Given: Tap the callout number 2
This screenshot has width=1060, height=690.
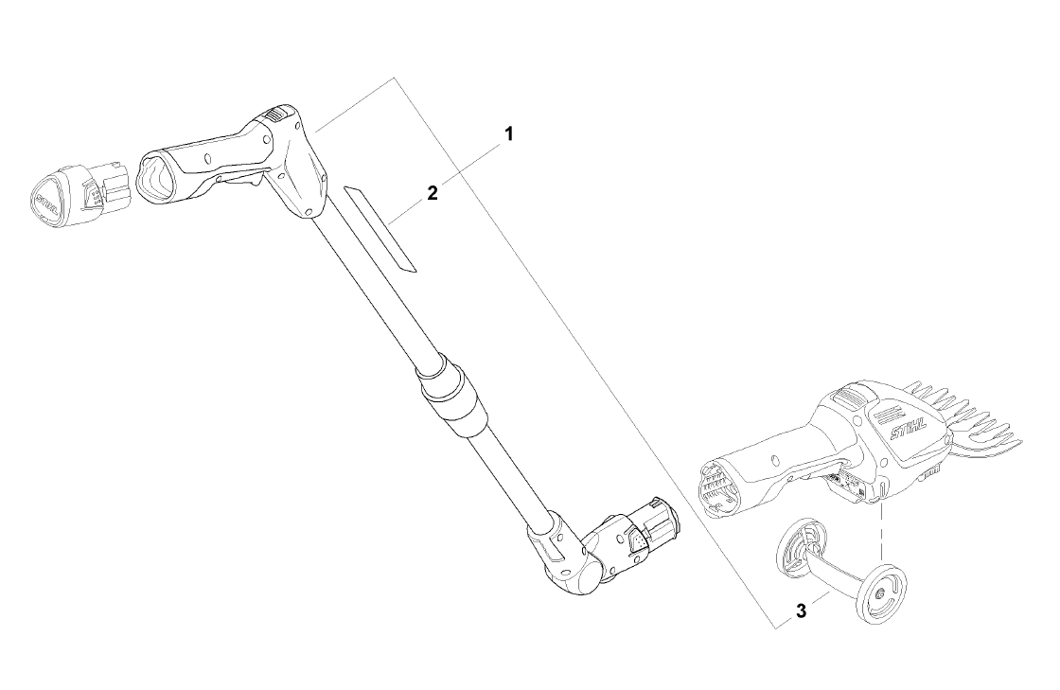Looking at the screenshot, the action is coord(433,193).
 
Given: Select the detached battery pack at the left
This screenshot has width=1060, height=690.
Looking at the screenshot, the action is coord(80,192).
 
